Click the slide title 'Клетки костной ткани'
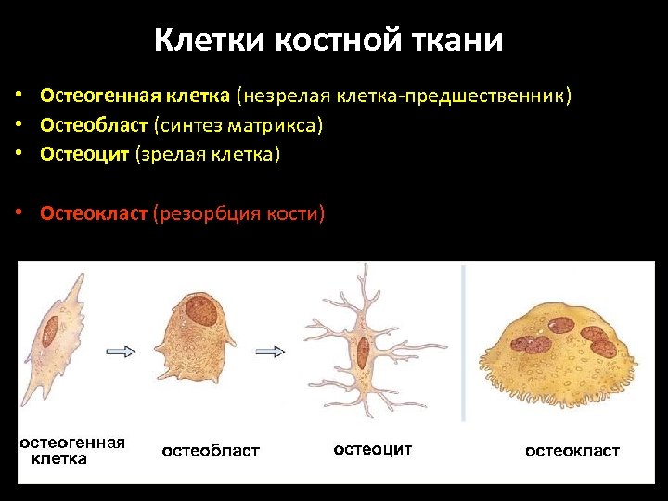click(x=328, y=40)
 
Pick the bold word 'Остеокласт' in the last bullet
click(x=94, y=214)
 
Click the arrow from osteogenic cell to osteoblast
click(x=121, y=351)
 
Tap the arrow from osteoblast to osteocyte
click(x=270, y=351)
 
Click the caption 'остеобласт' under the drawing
click(x=211, y=451)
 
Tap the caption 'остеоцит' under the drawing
click(x=372, y=449)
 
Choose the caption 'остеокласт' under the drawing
click(x=572, y=451)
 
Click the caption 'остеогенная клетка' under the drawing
click(x=72, y=450)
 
